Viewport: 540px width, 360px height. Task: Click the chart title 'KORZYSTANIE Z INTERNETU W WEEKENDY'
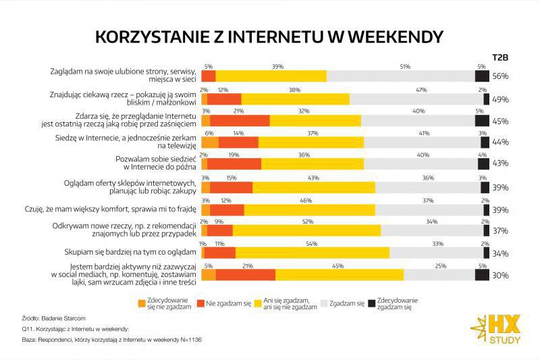click(269, 36)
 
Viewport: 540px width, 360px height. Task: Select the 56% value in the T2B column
click(500, 76)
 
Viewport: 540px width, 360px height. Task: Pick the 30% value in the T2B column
click(500, 275)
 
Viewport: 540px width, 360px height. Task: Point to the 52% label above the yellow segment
click(307, 222)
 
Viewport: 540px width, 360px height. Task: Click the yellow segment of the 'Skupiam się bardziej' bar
click(312, 253)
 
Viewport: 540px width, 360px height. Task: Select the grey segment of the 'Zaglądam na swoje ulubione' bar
click(401, 76)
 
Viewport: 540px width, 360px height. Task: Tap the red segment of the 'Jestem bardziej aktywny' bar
click(245, 275)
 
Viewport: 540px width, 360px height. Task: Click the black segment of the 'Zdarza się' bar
click(482, 120)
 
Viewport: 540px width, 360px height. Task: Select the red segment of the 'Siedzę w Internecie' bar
click(238, 143)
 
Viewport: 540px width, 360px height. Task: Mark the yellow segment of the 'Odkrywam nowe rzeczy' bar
click(306, 230)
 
